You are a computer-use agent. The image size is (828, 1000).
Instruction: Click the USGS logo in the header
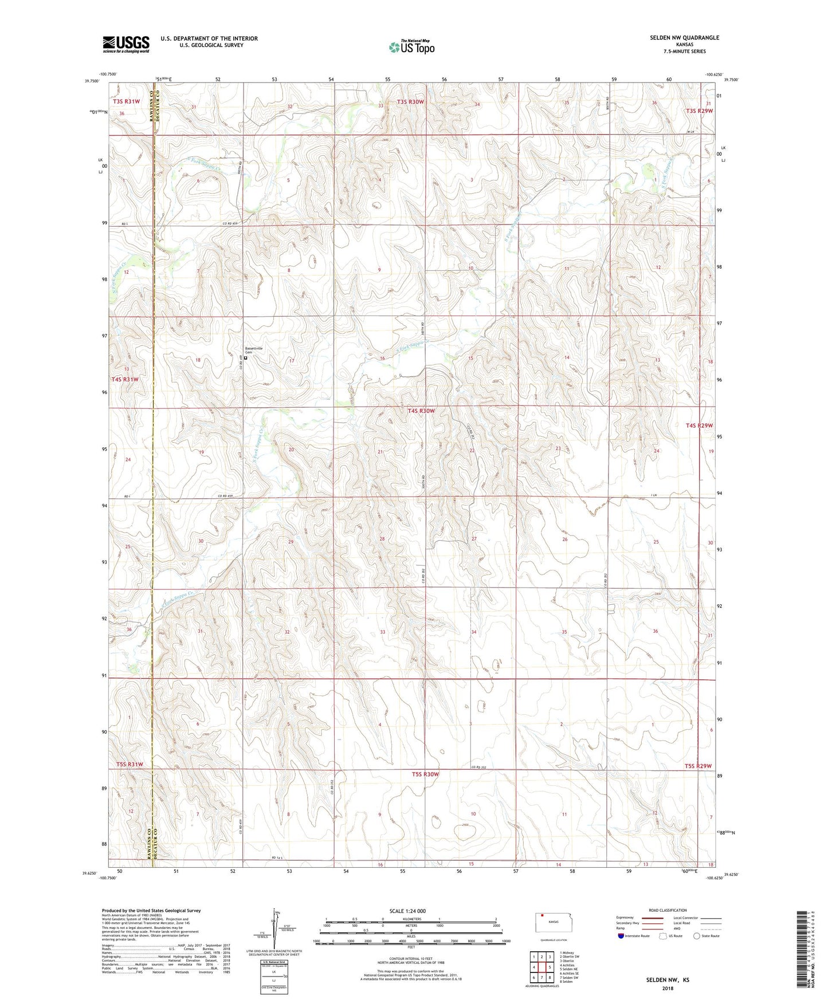[126, 44]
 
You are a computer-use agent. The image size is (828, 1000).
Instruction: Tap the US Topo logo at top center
[411, 47]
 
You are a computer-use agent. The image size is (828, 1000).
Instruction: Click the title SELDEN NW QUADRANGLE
[684, 38]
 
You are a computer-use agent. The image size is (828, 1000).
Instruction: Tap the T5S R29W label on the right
[698, 766]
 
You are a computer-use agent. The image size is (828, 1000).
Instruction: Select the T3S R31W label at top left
[126, 101]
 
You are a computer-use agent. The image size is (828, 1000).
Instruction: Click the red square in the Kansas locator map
[542, 915]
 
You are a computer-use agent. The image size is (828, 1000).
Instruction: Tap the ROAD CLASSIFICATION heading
[668, 910]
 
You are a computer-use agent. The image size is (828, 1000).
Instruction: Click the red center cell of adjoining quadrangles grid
[541, 967]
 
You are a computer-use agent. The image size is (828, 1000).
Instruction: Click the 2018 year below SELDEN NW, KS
[668, 988]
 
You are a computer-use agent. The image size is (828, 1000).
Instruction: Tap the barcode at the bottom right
[805, 951]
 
